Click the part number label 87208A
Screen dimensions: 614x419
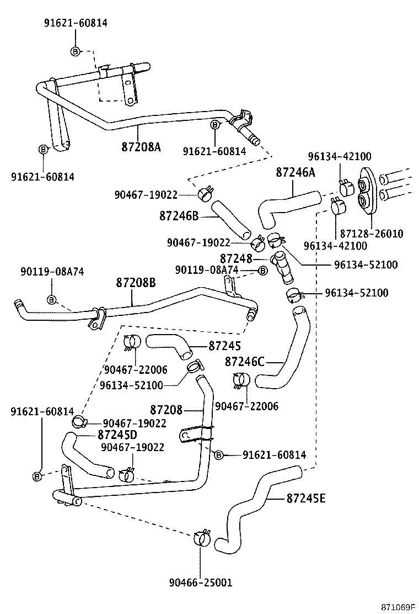click(141, 147)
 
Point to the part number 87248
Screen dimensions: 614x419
click(236, 258)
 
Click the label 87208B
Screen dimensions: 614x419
click(136, 283)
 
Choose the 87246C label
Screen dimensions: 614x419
click(245, 362)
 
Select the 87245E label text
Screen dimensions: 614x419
click(306, 499)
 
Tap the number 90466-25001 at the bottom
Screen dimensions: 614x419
click(200, 583)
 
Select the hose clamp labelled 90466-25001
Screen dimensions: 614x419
click(201, 537)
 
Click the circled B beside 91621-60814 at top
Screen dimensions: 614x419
click(76, 51)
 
